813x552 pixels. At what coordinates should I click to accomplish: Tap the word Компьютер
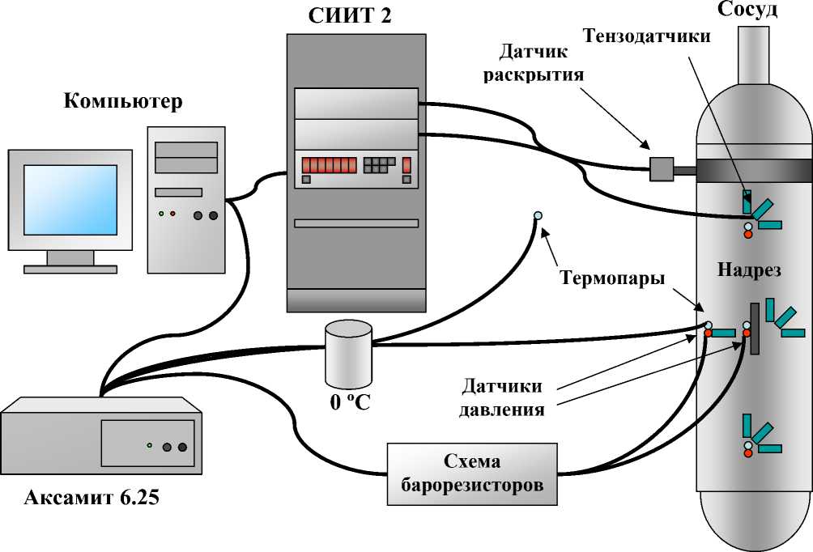(x=123, y=102)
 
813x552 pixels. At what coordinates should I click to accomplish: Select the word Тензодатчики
(x=647, y=36)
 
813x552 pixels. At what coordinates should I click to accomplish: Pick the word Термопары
(x=613, y=278)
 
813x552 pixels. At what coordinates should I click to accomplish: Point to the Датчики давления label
(x=501, y=397)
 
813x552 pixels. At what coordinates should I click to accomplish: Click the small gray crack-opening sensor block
(x=662, y=169)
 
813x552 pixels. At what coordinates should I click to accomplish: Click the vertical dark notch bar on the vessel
(x=755, y=329)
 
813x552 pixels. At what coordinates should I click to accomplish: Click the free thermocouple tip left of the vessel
(x=538, y=215)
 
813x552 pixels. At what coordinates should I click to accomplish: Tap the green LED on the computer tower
(x=161, y=214)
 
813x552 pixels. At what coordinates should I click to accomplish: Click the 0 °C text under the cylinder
(x=349, y=401)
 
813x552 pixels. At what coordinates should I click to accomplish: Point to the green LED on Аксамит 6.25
(x=149, y=445)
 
